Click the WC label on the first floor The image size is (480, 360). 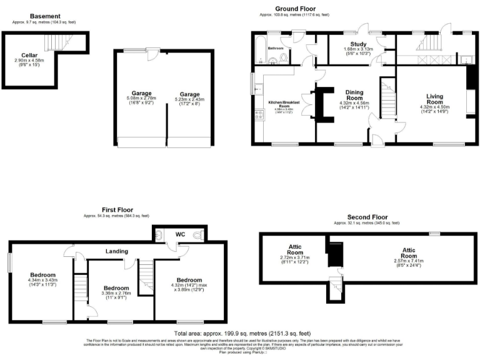tap(179, 234)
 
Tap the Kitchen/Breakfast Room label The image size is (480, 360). tap(284, 104)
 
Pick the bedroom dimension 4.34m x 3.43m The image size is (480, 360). tap(42, 283)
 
